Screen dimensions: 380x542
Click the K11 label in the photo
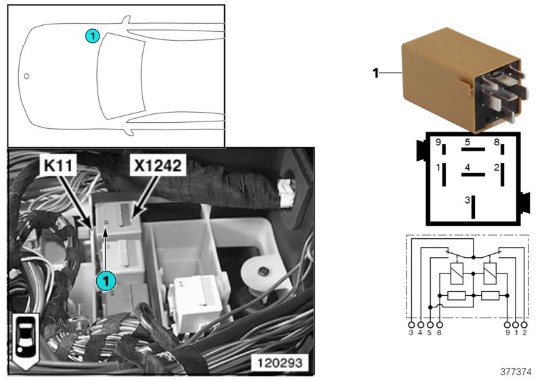[x=60, y=166]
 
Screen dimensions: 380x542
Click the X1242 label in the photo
[x=157, y=165]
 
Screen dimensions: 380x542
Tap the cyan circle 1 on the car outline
[x=93, y=35]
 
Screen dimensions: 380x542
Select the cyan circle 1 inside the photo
[x=105, y=280]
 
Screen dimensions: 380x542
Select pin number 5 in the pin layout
[x=467, y=142]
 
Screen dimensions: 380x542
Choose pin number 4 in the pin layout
[x=467, y=166]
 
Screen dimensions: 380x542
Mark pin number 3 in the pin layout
[x=467, y=200]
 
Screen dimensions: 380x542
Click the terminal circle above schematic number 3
[x=411, y=325]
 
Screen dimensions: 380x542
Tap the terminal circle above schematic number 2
[x=524, y=325]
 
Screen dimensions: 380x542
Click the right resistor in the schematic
[x=490, y=296]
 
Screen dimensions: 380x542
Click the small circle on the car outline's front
[x=26, y=76]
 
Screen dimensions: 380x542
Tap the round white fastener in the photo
[x=257, y=271]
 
